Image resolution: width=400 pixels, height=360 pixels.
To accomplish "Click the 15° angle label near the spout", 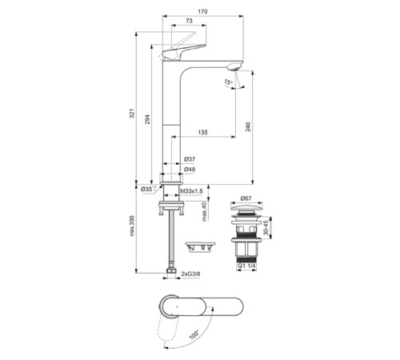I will click(227, 82).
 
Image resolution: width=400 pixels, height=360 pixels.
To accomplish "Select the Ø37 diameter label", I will click(190, 160).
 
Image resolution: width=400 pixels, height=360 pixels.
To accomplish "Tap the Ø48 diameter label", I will click(190, 170).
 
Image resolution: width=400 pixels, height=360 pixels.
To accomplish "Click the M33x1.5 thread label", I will click(191, 190).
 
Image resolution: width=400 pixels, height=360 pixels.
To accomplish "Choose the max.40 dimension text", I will click(205, 213).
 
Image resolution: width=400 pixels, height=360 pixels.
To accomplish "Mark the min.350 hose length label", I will click(134, 229).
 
